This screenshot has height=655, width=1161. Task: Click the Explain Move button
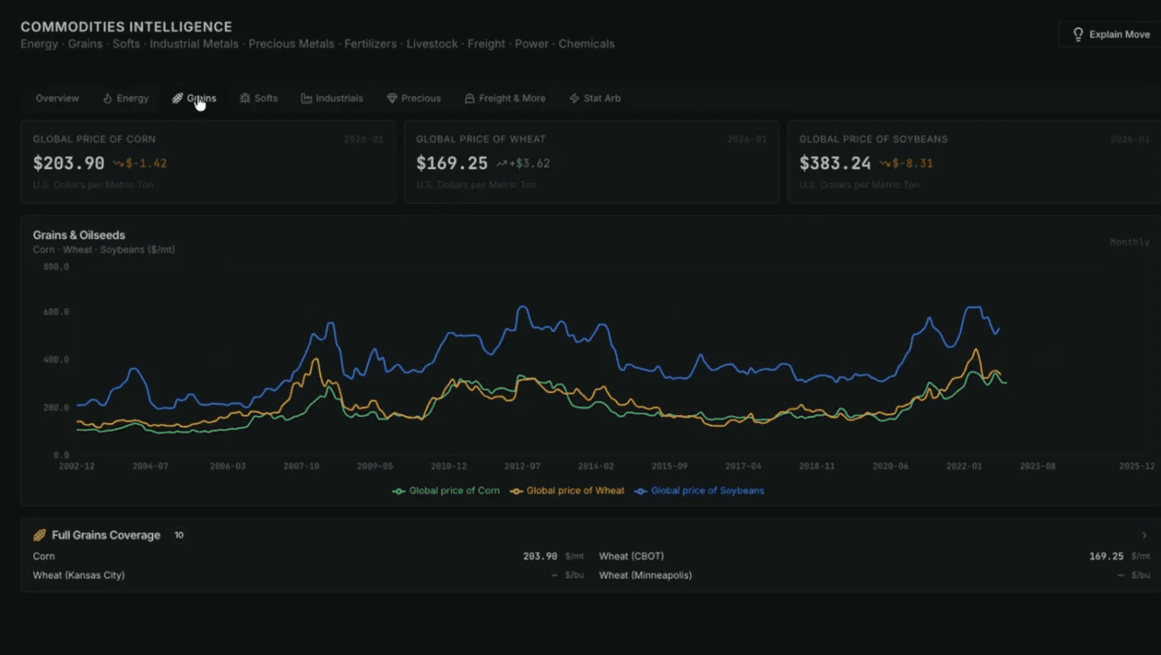(1110, 35)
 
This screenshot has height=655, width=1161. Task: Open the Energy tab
(126, 98)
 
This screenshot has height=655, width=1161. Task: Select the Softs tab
(259, 98)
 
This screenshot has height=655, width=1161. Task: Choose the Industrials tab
(332, 98)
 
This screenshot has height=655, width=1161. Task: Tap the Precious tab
(414, 98)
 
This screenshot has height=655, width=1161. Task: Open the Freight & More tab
(505, 98)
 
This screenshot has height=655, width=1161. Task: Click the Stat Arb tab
(595, 98)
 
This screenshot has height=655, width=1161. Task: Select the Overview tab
(57, 98)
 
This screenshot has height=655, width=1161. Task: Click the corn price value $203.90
(68, 163)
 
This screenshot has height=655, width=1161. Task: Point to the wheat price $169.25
(452, 163)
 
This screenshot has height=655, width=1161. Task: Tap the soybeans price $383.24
(835, 163)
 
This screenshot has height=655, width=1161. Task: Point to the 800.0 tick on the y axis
(56, 266)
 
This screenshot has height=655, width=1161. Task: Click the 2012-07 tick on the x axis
(523, 467)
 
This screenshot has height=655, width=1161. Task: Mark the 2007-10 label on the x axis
(301, 467)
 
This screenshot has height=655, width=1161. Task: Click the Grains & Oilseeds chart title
(79, 235)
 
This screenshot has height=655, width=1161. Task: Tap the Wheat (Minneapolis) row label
(645, 575)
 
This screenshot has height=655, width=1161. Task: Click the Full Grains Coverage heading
(106, 535)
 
